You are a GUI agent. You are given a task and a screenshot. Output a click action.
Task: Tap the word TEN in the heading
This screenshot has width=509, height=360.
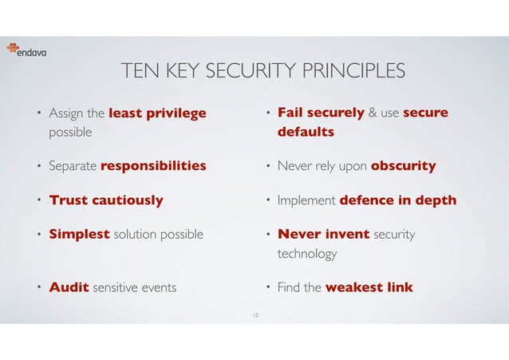click(x=136, y=73)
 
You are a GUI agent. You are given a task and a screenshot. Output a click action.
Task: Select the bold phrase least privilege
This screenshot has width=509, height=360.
click(x=156, y=113)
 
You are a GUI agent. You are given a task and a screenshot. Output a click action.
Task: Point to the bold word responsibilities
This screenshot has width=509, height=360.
click(x=152, y=166)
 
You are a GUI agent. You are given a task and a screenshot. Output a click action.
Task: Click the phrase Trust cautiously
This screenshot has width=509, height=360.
click(x=106, y=200)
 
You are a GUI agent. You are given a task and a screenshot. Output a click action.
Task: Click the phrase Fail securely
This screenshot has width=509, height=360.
click(x=321, y=113)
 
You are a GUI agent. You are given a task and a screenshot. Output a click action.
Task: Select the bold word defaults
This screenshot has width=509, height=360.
click(x=306, y=132)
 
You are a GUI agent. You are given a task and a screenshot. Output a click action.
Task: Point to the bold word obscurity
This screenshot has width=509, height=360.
click(x=403, y=166)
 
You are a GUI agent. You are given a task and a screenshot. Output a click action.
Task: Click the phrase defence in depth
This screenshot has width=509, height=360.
click(x=398, y=200)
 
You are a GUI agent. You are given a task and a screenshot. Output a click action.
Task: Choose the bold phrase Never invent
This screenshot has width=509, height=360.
click(x=323, y=235)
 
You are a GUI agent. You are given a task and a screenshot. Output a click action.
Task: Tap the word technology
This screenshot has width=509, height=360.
click(x=307, y=254)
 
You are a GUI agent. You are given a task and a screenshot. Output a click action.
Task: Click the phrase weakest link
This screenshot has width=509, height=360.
click(x=369, y=287)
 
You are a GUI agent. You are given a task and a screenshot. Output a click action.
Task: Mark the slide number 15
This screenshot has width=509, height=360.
click(x=254, y=315)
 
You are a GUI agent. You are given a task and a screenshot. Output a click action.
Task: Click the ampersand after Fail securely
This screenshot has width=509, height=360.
click(x=372, y=113)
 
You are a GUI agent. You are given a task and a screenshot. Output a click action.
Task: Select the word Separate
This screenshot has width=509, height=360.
click(x=73, y=166)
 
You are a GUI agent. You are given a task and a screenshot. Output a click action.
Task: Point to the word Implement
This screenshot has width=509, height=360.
click(x=306, y=200)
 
